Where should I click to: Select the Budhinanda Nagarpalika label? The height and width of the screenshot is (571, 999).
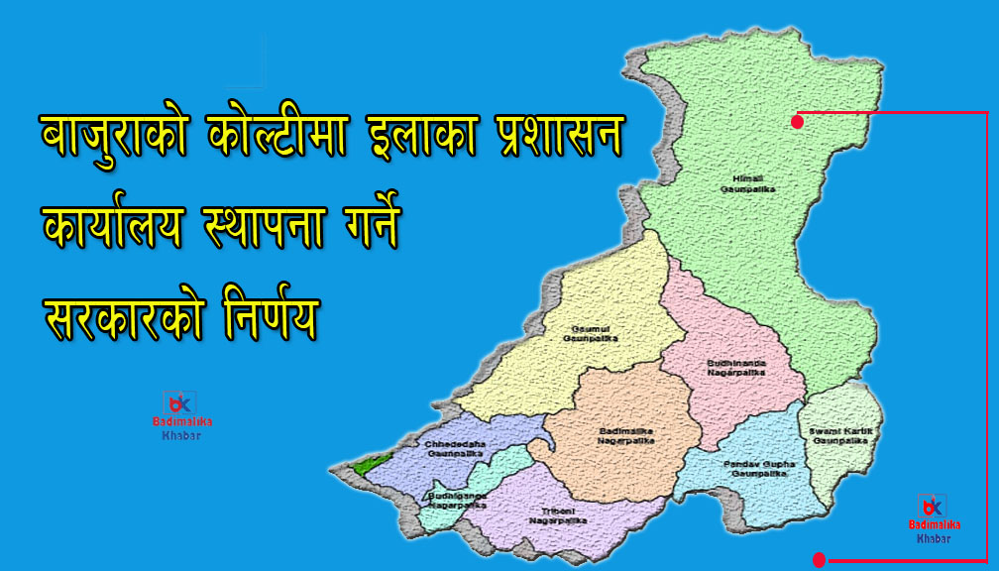[735, 367]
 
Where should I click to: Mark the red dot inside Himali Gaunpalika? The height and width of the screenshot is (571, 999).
[797, 122]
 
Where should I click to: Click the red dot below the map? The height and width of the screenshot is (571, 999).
[819, 560]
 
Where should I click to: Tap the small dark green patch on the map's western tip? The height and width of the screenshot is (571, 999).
[369, 463]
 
